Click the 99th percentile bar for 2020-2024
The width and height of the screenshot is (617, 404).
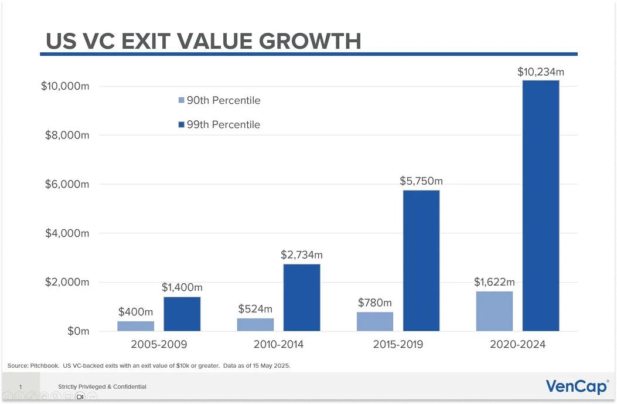[540, 205]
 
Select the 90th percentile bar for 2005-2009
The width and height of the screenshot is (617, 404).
[135, 325]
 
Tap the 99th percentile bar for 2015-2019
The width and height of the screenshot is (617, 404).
[421, 260]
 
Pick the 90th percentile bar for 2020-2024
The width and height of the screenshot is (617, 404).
[494, 311]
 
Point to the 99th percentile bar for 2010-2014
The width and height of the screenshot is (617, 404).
[302, 297]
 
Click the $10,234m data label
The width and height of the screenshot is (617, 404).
[540, 72]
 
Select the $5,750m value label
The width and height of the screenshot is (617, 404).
[421, 182]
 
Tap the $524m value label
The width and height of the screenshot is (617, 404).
[255, 309]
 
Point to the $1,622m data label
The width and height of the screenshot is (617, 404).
[494, 283]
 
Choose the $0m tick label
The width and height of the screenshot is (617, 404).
[77, 331]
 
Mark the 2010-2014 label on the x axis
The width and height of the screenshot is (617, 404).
[278, 344]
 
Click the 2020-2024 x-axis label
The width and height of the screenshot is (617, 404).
[517, 344]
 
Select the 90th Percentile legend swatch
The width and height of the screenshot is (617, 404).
[181, 101]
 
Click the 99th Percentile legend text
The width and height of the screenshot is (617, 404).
[223, 125]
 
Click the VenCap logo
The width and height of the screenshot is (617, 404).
[577, 386]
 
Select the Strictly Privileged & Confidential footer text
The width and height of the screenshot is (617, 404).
[102, 387]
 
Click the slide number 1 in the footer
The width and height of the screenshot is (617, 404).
[21, 387]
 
